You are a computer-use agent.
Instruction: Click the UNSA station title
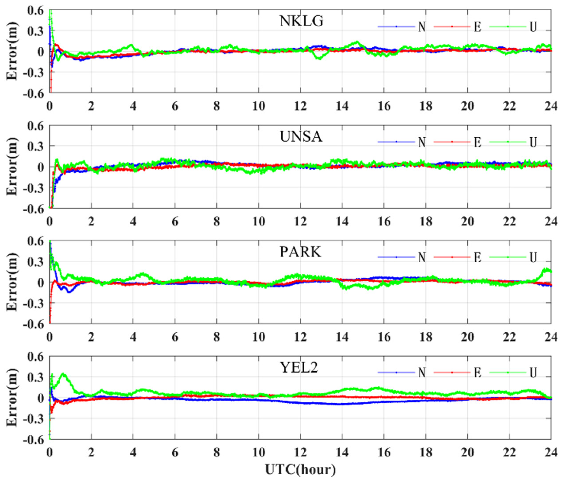(x=301, y=137)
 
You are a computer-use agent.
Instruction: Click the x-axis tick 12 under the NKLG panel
(x=300, y=106)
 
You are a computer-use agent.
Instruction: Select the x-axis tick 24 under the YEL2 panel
(x=551, y=453)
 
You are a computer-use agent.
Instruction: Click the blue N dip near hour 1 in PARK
(x=69, y=292)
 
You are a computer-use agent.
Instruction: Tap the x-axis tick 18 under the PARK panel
(x=426, y=337)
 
